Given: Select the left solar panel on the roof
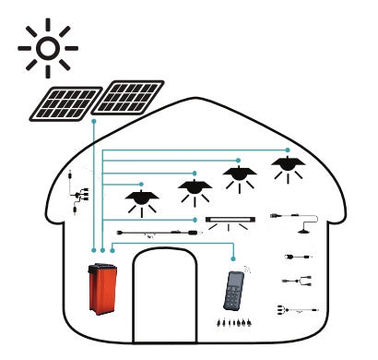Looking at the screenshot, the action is coord(66,103).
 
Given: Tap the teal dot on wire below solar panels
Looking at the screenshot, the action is coord(94,121).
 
